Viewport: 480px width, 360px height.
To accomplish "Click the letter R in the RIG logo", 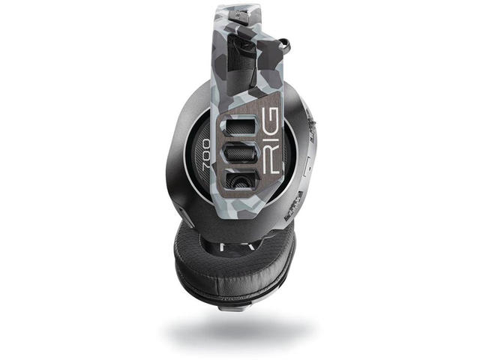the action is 271,164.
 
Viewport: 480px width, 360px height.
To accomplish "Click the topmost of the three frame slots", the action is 241,127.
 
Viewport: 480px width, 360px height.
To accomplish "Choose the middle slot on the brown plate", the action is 241,155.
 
